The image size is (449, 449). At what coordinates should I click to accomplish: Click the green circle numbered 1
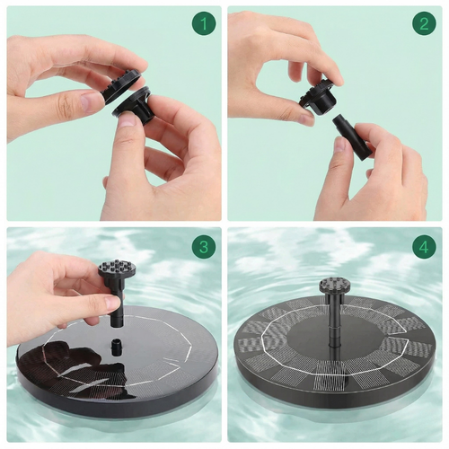[x=204, y=23]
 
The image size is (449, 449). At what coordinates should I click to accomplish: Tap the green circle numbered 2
[x=424, y=23]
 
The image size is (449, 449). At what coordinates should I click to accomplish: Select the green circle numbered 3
[x=204, y=247]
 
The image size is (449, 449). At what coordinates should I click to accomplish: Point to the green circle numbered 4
[x=424, y=247]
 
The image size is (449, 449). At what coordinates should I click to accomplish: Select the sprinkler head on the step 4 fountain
[x=334, y=285]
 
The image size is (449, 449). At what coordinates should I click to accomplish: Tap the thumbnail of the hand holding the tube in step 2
[x=340, y=145]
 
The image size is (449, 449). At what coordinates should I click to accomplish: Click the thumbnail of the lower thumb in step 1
[x=129, y=120]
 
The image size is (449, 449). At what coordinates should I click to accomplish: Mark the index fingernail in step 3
[x=112, y=302]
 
